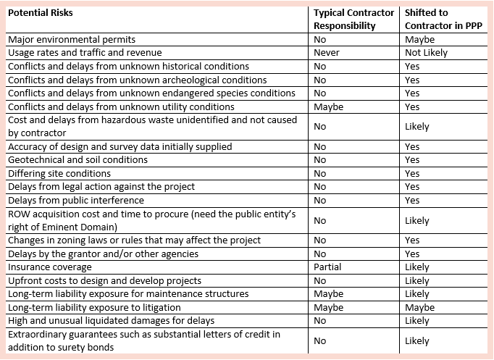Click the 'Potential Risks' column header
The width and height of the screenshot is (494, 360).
click(x=41, y=13)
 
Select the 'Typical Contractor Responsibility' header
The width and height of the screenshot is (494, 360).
click(x=353, y=20)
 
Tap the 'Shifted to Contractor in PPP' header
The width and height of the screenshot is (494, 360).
click(x=443, y=20)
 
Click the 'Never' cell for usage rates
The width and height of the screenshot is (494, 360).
click(x=327, y=53)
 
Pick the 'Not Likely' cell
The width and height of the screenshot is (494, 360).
click(x=426, y=53)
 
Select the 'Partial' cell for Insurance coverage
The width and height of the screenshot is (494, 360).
click(x=327, y=267)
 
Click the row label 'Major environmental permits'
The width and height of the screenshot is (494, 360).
click(x=72, y=40)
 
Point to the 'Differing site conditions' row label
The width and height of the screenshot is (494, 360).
click(x=59, y=174)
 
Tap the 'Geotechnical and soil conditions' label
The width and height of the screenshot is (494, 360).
click(x=78, y=160)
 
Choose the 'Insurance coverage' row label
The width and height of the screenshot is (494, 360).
click(x=50, y=267)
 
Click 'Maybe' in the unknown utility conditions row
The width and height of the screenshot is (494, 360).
click(x=329, y=107)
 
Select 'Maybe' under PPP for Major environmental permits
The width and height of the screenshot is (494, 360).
click(x=419, y=40)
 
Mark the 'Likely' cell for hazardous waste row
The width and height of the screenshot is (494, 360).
click(x=417, y=127)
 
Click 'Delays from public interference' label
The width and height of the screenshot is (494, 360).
click(x=76, y=201)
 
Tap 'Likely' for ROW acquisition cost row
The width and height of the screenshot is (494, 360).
click(x=417, y=221)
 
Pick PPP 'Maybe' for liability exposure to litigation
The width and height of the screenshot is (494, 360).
click(x=419, y=308)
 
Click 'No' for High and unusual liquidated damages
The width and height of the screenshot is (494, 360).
click(x=319, y=321)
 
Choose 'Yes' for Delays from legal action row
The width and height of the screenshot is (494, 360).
click(x=412, y=187)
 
